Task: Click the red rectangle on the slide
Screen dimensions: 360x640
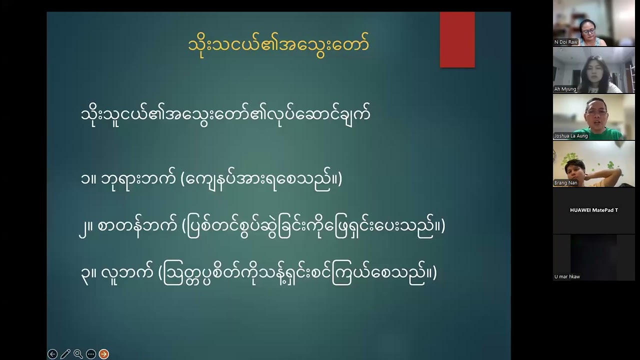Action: tap(457, 40)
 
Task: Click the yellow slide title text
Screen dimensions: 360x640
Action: tap(278, 44)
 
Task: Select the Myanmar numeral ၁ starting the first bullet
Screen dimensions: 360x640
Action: tap(85, 179)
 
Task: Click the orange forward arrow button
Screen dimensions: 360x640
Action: tap(103, 354)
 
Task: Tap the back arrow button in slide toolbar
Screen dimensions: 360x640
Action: tap(52, 354)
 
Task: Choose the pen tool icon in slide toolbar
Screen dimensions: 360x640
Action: tap(65, 354)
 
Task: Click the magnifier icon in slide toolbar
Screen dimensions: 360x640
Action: tap(78, 354)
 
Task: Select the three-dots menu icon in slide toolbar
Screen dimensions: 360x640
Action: tap(90, 354)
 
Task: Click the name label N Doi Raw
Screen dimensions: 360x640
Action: tap(566, 42)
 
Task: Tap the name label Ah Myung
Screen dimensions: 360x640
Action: tap(565, 89)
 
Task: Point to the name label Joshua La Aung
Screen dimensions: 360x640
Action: tap(570, 136)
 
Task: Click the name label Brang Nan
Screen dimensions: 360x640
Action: tap(565, 183)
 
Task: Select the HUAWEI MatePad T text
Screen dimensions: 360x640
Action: tap(593, 210)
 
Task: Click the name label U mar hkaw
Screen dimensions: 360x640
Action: tap(567, 276)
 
